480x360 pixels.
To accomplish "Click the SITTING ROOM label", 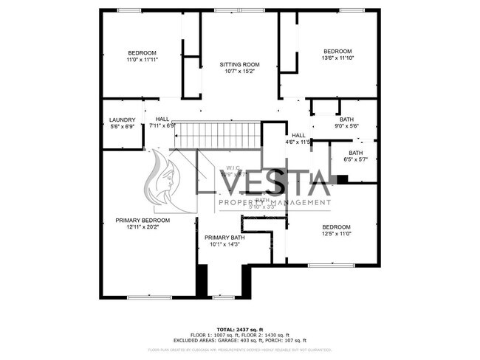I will pyautogui.click(x=239, y=65).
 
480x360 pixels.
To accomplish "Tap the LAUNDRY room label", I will pyautogui.click(x=122, y=120).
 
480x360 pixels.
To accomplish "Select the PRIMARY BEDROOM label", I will pyautogui.click(x=143, y=220).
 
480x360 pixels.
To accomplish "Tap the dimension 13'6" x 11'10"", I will pyautogui.click(x=337, y=58).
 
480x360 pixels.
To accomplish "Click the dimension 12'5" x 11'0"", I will pyautogui.click(x=336, y=234).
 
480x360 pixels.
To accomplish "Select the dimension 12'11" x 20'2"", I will pyautogui.click(x=143, y=227).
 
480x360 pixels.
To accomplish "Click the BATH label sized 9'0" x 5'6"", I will pyautogui.click(x=346, y=120).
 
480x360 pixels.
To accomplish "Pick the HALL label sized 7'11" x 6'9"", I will pyautogui.click(x=162, y=120).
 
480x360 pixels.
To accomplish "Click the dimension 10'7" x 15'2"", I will pyautogui.click(x=239, y=72).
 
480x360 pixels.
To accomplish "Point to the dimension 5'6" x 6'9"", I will pyautogui.click(x=122, y=126).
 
